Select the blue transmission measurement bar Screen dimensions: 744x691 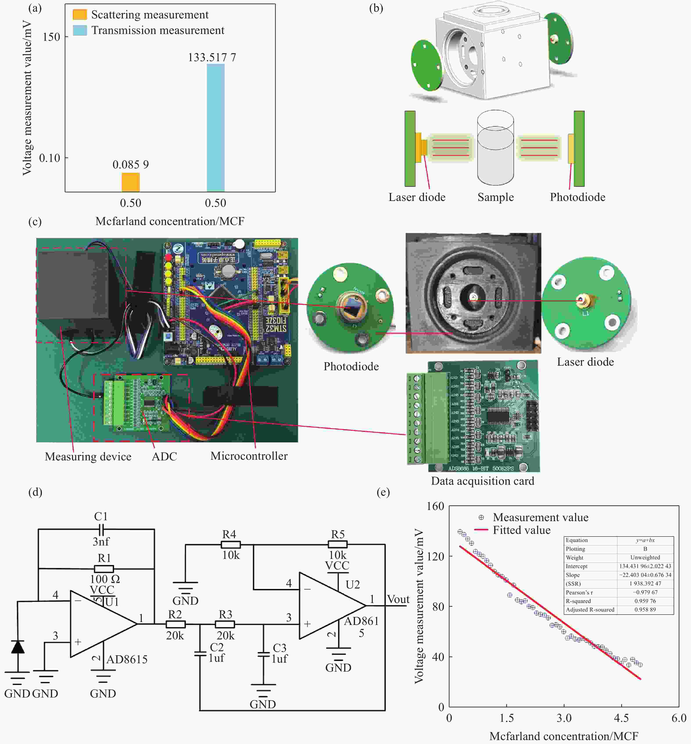click(x=216, y=128)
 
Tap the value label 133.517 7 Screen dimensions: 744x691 click(x=212, y=57)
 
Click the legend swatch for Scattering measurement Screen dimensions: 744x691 click(x=80, y=14)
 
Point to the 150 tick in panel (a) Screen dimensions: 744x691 click(x=51, y=37)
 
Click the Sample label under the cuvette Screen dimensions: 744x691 click(x=496, y=197)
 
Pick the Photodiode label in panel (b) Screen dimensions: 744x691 click(x=577, y=197)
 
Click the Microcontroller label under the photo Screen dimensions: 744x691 click(x=249, y=456)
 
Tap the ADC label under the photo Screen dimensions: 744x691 click(x=164, y=456)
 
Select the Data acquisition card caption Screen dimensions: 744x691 click(x=482, y=481)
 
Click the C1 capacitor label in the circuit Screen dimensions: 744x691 click(x=101, y=516)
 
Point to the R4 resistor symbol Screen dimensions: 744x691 click(x=231, y=544)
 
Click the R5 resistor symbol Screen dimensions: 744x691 click(x=338, y=544)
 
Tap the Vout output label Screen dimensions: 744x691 click(x=398, y=599)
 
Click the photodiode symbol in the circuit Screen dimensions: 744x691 click(x=18, y=647)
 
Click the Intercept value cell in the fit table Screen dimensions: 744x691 click(x=645, y=566)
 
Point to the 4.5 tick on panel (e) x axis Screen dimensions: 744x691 click(x=621, y=718)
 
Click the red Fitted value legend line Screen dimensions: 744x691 click(x=481, y=530)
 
